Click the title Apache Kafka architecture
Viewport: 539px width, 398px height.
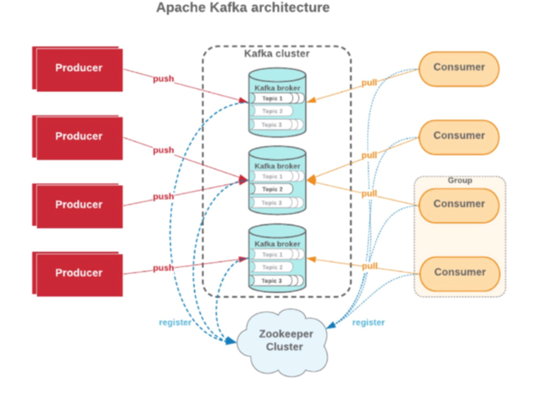(243, 8)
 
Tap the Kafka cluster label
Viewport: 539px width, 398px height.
(276, 54)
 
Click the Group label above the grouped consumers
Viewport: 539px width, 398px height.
(459, 180)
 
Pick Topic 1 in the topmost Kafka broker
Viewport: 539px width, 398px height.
(272, 99)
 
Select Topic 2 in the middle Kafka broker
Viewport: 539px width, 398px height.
(272, 189)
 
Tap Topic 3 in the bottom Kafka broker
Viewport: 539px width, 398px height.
(272, 281)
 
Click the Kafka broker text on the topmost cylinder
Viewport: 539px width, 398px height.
(277, 88)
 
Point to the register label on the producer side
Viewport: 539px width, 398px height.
(175, 323)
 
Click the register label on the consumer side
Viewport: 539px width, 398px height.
(368, 323)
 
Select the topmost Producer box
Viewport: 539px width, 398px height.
(79, 68)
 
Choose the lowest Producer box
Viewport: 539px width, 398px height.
(79, 273)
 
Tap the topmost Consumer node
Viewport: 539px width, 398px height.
(459, 68)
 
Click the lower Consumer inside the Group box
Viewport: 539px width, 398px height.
(459, 272)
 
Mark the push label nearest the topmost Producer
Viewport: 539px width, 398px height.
(163, 79)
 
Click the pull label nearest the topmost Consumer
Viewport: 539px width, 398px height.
(369, 82)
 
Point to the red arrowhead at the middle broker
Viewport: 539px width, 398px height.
(243, 180)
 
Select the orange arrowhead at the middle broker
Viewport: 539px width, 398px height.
(311, 180)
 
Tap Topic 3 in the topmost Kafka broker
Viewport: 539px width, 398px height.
(272, 125)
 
